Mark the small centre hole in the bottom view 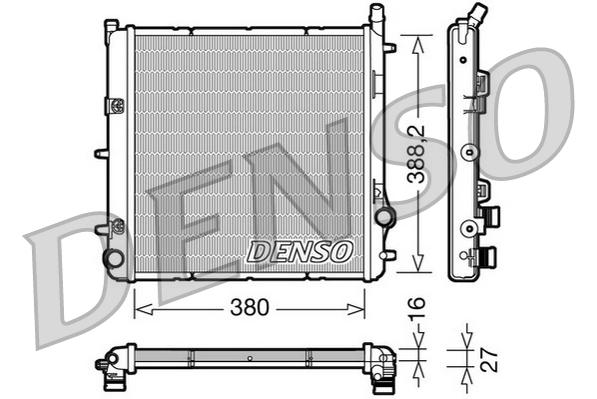click(x=247, y=355)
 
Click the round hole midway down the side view click(x=466, y=153)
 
